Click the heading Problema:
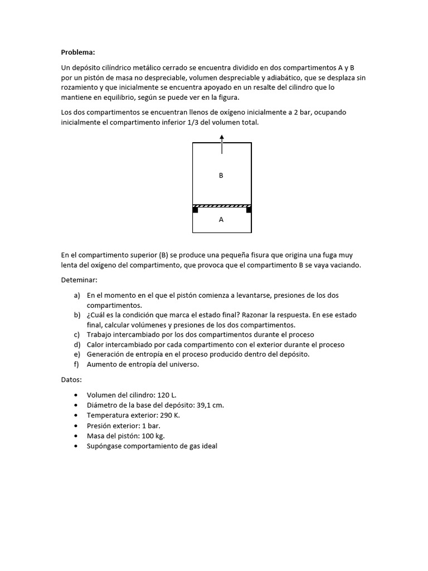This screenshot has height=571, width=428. [78, 52]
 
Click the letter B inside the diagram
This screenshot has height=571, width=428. [221, 176]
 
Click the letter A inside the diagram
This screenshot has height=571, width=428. [221, 220]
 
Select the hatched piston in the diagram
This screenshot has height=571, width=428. [222, 206]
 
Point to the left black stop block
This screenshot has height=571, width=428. [195, 210]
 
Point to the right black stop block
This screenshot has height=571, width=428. [249, 210]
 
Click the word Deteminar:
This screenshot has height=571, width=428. [79, 280]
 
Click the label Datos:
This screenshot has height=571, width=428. [71, 380]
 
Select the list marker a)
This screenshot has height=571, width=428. [77, 295]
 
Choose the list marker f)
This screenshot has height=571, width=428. [77, 365]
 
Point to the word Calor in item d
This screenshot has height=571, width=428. [96, 345]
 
